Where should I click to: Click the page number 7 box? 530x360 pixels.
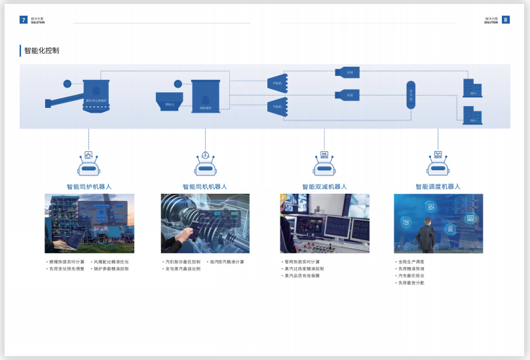pyautogui.click(x=24, y=20)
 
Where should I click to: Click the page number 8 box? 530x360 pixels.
pyautogui.click(x=506, y=20)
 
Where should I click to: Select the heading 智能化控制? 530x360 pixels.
pyautogui.click(x=41, y=50)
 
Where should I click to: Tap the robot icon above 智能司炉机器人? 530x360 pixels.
pyautogui.click(x=88, y=165)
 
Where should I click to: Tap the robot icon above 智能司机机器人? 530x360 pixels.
pyautogui.click(x=205, y=165)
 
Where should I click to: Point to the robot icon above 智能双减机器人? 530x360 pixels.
pyautogui.click(x=324, y=165)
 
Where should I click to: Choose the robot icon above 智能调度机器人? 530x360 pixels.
pyautogui.click(x=438, y=165)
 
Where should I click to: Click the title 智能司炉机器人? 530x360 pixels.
pyautogui.click(x=89, y=187)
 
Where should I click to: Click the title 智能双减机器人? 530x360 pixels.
pyautogui.click(x=324, y=187)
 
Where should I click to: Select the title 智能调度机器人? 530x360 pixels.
pyautogui.click(x=438, y=187)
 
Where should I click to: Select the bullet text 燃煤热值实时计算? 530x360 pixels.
pyautogui.click(x=66, y=262)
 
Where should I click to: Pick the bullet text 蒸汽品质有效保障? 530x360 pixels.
pyautogui.click(x=302, y=276)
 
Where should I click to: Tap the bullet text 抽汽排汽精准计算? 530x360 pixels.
pyautogui.click(x=227, y=262)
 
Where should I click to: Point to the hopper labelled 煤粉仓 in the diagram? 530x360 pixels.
pyautogui.click(x=170, y=101)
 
